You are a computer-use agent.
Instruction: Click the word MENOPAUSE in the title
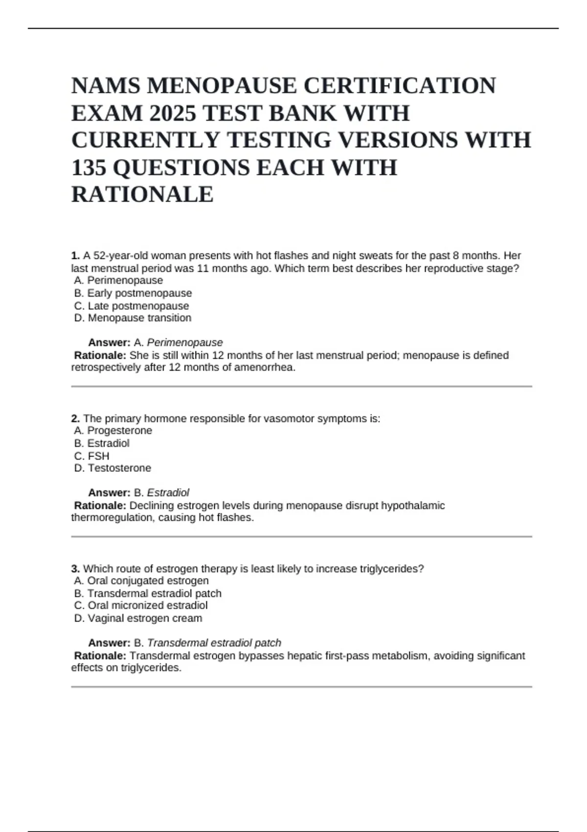point(222,86)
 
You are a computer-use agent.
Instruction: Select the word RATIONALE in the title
point(142,194)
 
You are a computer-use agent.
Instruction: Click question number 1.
point(75,255)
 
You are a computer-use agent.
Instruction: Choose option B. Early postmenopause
point(133,293)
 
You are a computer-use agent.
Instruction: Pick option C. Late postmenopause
point(131,305)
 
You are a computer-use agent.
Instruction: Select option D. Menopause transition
point(133,318)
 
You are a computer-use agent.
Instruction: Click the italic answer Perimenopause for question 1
point(184,342)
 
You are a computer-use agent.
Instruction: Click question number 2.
point(75,418)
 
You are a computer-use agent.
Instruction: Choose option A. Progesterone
point(113,430)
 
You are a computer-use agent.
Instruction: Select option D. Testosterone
point(113,468)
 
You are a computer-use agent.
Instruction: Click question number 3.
point(75,569)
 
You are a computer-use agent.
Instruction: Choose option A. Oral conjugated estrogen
point(141,580)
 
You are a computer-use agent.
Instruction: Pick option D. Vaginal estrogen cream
point(138,618)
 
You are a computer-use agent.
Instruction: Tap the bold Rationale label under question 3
point(100,655)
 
